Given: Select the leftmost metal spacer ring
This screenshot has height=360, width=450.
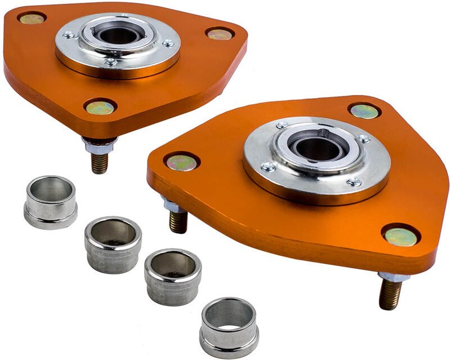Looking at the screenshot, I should [50, 202].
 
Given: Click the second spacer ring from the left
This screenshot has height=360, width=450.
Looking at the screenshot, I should [113, 243].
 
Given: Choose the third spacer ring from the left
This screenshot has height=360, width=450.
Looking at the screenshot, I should [173, 276].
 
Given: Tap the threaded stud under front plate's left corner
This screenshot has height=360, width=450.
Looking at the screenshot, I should [179, 221].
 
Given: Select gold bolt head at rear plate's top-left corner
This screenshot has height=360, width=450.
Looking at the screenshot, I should [32, 19].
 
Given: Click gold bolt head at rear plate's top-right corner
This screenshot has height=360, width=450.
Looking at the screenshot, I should [219, 34].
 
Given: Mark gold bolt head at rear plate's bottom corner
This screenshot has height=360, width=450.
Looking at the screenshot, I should [100, 107].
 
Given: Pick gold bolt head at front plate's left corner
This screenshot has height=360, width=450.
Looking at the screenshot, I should [181, 163].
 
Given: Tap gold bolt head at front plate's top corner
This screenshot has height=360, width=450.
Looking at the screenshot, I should [364, 111].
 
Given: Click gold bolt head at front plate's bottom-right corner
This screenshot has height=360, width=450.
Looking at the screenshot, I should [400, 237].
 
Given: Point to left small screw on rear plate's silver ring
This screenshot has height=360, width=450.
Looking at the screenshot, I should [69, 34].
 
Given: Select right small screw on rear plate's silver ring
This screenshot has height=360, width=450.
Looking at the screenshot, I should [168, 43].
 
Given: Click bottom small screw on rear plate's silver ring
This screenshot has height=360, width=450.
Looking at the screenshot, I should [112, 62].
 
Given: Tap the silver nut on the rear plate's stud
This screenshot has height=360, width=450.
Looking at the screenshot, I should [100, 146].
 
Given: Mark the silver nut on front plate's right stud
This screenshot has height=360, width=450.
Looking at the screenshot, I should [393, 277].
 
